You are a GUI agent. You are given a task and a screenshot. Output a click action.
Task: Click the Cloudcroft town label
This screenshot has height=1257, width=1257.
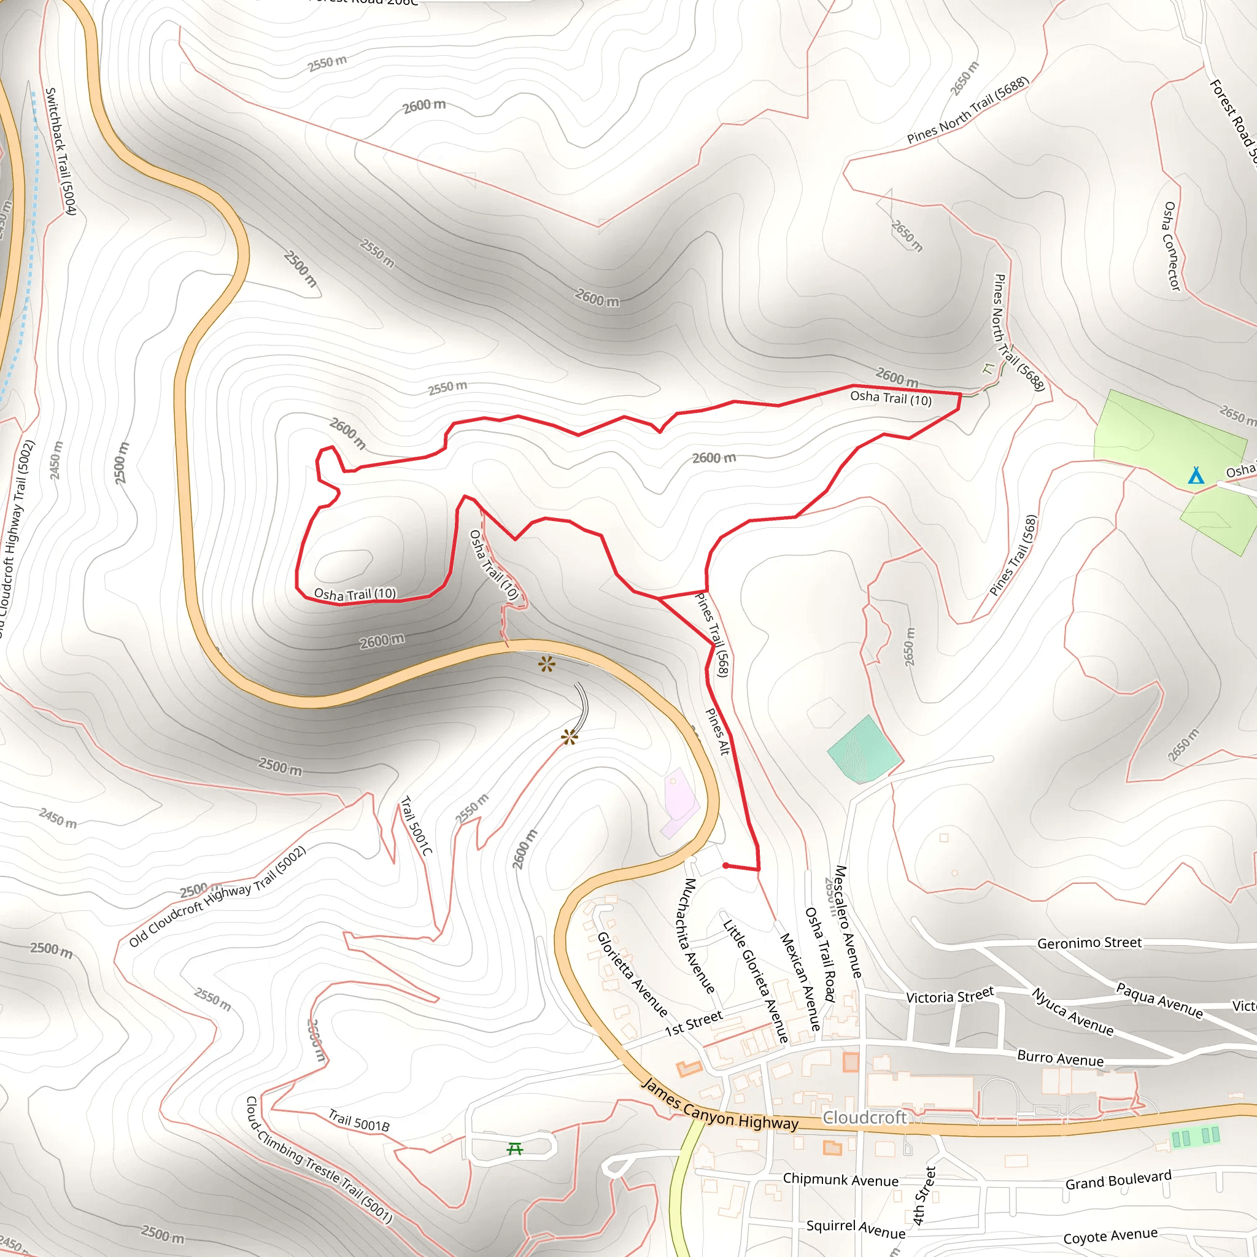click(864, 1118)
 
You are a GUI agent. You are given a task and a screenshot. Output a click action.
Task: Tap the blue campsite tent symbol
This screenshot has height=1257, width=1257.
click(1196, 476)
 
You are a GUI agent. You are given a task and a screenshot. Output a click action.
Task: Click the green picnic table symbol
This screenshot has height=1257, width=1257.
click(514, 1149)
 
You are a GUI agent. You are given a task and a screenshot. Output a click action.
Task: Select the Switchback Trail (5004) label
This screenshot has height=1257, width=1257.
click(61, 151)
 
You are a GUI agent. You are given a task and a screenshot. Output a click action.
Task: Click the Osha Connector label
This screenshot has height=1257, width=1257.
click(1171, 246)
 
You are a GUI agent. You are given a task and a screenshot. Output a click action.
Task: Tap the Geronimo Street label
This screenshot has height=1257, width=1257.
click(1089, 943)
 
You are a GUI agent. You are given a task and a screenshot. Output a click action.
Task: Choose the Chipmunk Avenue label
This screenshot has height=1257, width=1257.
click(841, 1180)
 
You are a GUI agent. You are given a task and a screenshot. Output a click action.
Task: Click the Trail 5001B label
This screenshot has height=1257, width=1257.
click(358, 1120)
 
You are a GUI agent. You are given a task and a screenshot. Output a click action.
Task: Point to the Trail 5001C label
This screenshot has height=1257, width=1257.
click(416, 826)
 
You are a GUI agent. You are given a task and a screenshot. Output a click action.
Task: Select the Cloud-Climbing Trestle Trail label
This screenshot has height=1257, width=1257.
click(318, 1159)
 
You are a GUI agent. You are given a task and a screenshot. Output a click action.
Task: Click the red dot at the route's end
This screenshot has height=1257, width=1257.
click(725, 866)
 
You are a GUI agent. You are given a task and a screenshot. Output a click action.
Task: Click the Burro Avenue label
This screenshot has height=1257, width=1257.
click(1061, 1059)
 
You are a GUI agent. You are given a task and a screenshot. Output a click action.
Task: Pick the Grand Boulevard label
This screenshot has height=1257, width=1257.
click(1118, 1180)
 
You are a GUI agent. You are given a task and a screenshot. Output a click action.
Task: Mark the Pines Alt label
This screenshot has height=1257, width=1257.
click(717, 731)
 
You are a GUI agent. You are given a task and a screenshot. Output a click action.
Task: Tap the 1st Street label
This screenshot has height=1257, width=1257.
click(694, 1023)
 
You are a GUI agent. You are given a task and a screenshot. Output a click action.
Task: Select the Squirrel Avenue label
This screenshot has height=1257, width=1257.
click(856, 1228)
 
